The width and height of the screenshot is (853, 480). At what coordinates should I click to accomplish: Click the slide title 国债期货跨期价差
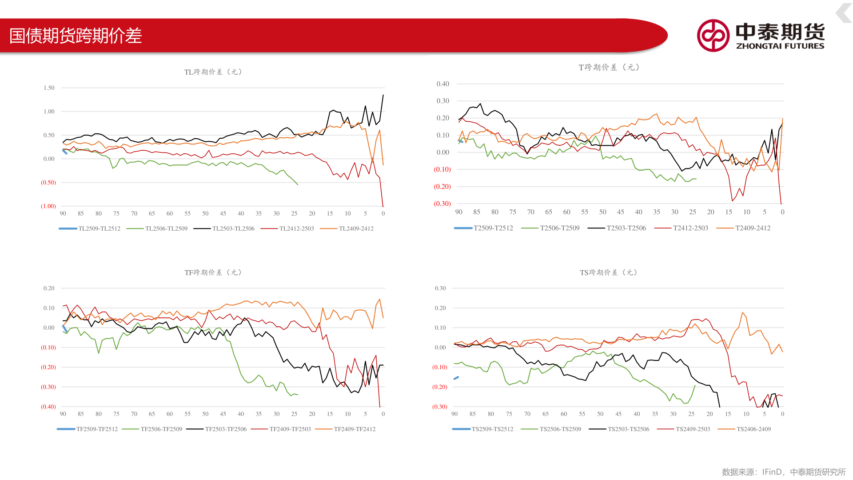[76, 36]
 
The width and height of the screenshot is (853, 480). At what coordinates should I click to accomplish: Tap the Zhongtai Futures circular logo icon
[713, 36]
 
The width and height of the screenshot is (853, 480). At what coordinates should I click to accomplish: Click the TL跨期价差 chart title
[213, 72]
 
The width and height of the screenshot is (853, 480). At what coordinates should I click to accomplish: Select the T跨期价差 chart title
[609, 68]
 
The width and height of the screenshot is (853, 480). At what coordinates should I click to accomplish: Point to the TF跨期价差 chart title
[213, 272]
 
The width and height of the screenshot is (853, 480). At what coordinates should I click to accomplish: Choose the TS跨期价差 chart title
[608, 272]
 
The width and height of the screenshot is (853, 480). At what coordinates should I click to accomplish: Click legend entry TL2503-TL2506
[233, 228]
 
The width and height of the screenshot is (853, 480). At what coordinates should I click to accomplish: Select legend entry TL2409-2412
[356, 228]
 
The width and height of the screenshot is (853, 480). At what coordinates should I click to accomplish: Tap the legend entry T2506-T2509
[559, 228]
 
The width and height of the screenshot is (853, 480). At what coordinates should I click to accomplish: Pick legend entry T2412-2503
[690, 228]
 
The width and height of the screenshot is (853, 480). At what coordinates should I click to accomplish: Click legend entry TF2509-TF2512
[96, 429]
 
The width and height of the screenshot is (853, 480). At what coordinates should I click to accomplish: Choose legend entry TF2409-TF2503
[290, 429]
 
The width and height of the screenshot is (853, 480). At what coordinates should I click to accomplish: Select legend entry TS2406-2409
[753, 429]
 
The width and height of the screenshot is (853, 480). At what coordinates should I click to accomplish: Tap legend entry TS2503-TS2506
[628, 429]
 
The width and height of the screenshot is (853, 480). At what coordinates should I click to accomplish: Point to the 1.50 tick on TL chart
[49, 88]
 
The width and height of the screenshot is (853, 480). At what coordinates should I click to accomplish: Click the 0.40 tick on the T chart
[442, 84]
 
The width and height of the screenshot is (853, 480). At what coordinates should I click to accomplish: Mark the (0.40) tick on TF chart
[48, 407]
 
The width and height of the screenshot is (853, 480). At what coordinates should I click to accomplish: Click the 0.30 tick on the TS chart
[440, 288]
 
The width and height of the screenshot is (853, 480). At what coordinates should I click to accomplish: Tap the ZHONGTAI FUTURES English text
[780, 46]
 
